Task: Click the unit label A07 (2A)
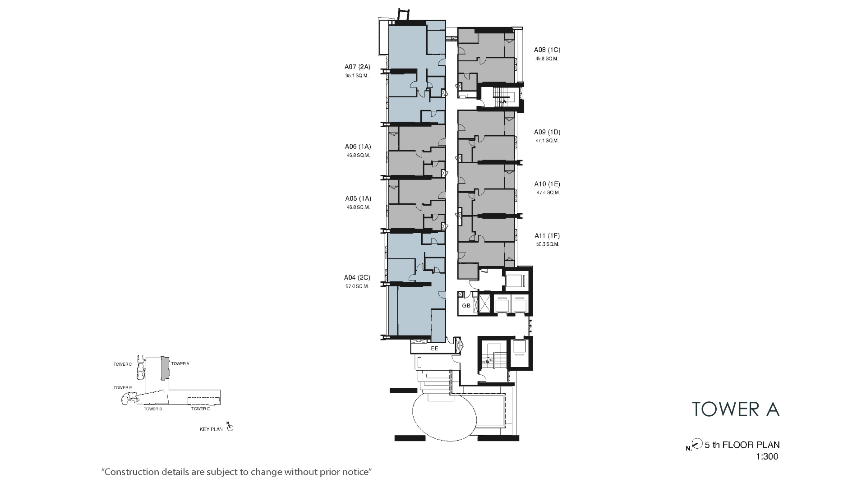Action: click(x=357, y=67)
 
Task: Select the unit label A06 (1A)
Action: click(x=358, y=147)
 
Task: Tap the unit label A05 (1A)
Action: click(x=358, y=198)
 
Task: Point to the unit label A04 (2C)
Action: click(x=357, y=278)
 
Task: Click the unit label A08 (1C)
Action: click(x=547, y=50)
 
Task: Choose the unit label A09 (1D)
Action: click(x=547, y=133)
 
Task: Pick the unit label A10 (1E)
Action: click(x=547, y=184)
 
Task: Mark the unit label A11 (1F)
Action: click(x=547, y=236)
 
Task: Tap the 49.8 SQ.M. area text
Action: click(x=547, y=59)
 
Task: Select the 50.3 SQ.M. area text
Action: click(x=548, y=244)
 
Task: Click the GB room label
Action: click(x=466, y=306)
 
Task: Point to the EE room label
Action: click(x=435, y=349)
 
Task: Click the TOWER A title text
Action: click(x=736, y=409)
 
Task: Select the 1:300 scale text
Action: click(x=767, y=456)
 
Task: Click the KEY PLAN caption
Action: click(x=211, y=430)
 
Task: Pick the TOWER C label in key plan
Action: click(x=200, y=409)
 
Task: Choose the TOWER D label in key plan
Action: click(x=123, y=364)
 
